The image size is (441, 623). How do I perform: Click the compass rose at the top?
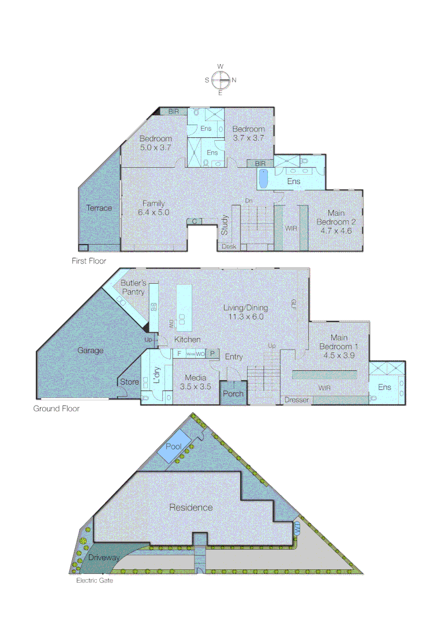(220, 80)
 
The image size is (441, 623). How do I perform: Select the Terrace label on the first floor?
(99, 208)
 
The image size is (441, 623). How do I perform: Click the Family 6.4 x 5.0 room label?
(154, 208)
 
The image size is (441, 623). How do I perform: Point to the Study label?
(225, 226)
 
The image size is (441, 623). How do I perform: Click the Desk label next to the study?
(229, 247)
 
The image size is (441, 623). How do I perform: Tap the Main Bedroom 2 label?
(336, 222)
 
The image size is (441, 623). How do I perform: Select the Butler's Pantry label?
(133, 287)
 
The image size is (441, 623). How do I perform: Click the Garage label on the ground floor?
(91, 350)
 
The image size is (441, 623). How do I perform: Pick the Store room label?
(129, 382)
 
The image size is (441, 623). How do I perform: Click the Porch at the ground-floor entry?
(234, 394)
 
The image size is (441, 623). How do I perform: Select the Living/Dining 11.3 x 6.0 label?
(246, 312)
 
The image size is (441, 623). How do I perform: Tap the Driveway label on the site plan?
(104, 558)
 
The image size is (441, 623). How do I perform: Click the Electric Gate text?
(95, 580)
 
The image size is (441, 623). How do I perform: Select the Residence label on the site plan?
(190, 508)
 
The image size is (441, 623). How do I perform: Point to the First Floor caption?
(89, 261)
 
